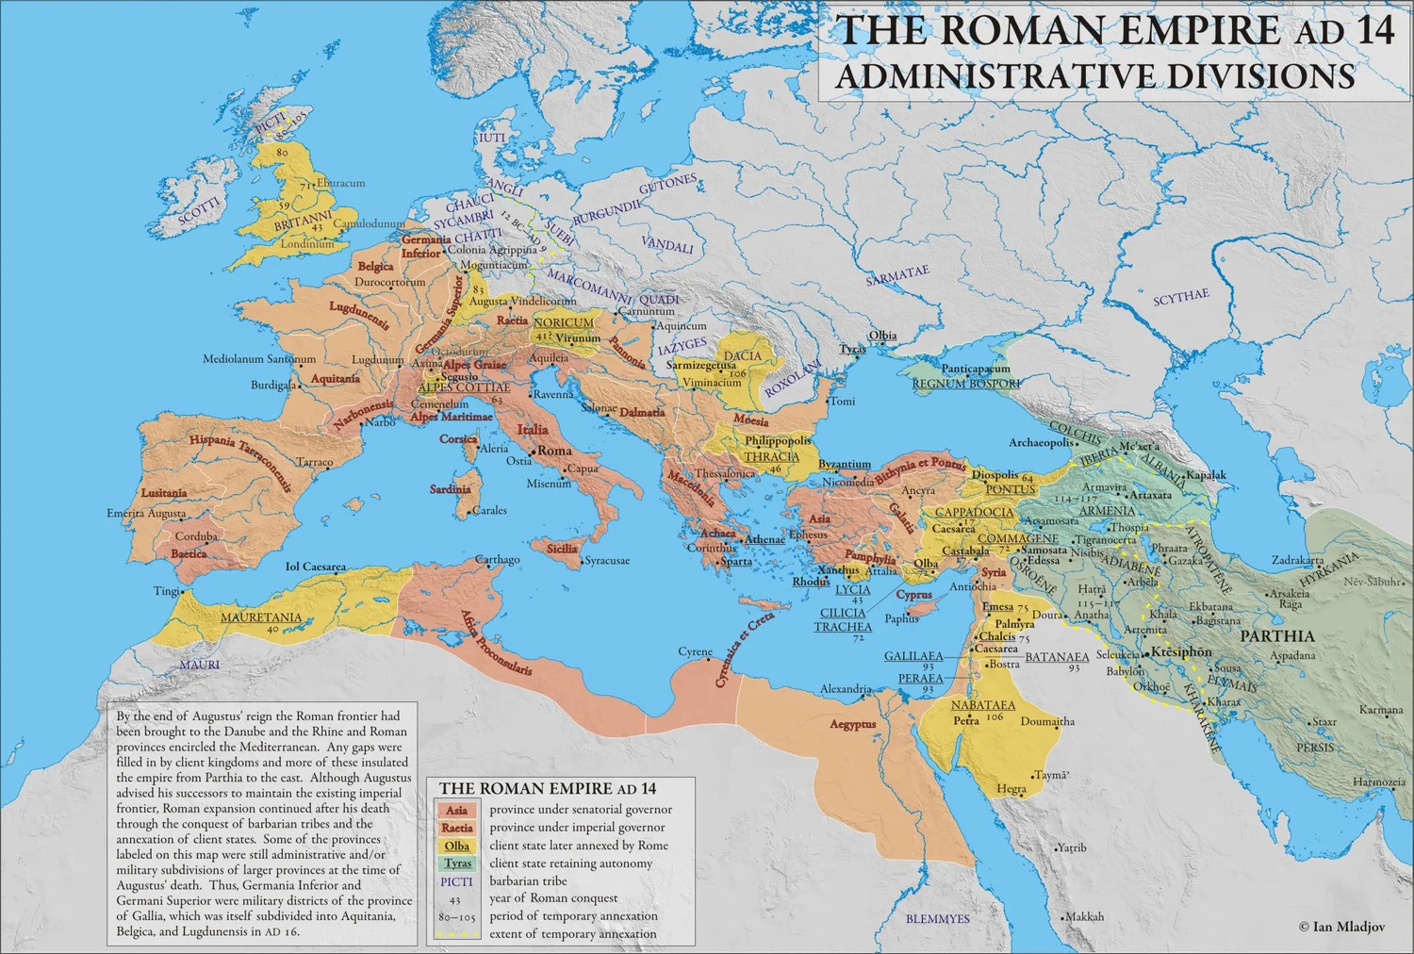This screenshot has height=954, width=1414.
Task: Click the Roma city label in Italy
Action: [x=554, y=451]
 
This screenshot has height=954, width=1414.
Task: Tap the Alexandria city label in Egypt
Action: [x=845, y=689]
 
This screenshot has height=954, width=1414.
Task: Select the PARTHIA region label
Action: [x=1276, y=636]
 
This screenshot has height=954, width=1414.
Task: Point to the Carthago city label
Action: [x=497, y=560]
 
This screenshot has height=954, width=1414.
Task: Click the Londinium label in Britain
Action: [x=306, y=243]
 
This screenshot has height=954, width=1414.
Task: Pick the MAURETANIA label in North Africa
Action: [x=261, y=617]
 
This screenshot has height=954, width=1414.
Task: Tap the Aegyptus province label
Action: [x=853, y=724]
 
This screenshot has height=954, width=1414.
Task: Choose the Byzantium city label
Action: [x=845, y=464]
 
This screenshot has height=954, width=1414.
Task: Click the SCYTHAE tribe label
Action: [x=1181, y=297]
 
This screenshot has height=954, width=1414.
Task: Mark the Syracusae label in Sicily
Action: [x=607, y=561]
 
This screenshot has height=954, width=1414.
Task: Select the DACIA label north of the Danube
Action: [x=743, y=356]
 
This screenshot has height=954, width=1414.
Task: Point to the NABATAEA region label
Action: [x=983, y=705]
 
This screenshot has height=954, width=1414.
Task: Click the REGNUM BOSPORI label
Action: [x=966, y=384]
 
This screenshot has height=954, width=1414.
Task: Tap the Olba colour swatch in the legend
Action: [x=457, y=846]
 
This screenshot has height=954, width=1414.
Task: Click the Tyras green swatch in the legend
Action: [x=457, y=864]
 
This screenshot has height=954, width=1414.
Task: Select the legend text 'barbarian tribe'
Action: [x=528, y=881]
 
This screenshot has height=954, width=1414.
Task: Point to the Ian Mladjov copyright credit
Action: [x=1341, y=927]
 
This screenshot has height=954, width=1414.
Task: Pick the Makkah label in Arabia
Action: [x=1084, y=916]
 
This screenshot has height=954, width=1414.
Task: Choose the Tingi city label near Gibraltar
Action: [x=166, y=591]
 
